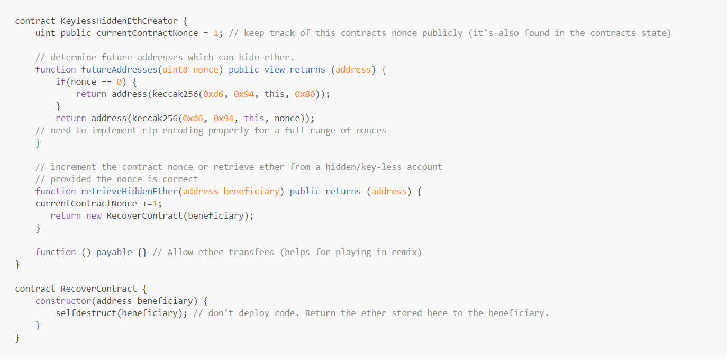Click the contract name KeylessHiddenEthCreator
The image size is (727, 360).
coord(119,21)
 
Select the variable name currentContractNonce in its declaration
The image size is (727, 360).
coord(147,33)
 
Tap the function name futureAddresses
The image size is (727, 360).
coord(119,70)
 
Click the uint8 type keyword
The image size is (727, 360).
coord(175,70)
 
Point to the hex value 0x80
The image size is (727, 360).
coord(305,94)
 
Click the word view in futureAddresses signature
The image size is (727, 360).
coord(274,70)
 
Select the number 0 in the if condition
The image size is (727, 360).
coord(119,82)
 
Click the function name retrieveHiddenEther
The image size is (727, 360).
coord(129,192)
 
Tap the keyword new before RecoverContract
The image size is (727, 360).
coord(94,216)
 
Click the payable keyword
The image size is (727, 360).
coord(114,253)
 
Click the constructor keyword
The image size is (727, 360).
coord(63,301)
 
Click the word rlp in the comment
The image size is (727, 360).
coord(150,131)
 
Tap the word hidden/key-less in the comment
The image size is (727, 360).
coord(363,167)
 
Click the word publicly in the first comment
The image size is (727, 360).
coord(442,33)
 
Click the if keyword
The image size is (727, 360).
coord(61,82)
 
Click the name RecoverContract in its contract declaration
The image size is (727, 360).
coord(98,289)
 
